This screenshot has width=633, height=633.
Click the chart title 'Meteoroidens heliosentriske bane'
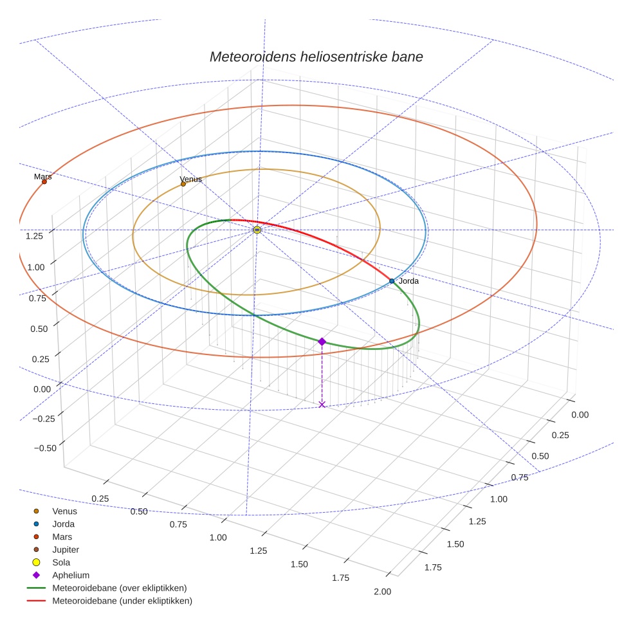pos(316,57)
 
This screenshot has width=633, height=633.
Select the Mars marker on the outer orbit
pos(44,181)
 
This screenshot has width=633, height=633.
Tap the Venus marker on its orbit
pos(183,184)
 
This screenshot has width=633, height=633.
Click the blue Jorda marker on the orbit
pos(392,281)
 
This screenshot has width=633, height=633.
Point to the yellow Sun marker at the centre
pos(257,230)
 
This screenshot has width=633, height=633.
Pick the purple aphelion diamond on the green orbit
pos(322,342)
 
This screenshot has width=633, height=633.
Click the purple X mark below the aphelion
pos(322,404)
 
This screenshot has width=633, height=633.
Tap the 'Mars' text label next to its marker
pos(42,176)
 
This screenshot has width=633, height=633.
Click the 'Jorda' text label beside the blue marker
pos(408,281)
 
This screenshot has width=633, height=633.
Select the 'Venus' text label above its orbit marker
pos(190,179)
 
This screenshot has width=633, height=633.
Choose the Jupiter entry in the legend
pos(66,549)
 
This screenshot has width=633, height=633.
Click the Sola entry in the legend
pos(61,562)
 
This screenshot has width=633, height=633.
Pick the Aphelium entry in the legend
pos(71,575)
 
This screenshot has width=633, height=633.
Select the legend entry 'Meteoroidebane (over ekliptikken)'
pos(119,588)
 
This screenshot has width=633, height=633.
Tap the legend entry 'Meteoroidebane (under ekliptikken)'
pos(122,601)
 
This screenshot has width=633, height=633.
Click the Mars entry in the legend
pos(62,537)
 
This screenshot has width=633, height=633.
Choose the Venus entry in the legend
pos(64,511)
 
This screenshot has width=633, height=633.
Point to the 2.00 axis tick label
pos(382,592)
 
